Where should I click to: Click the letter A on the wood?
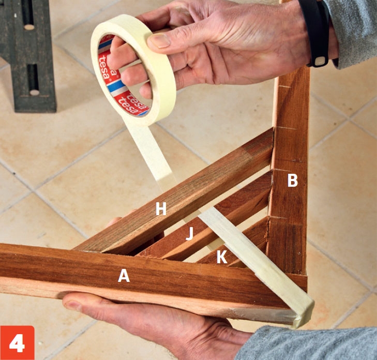click(x=124, y=276)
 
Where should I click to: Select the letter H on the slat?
click(x=161, y=208)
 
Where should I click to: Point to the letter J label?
click(x=190, y=233)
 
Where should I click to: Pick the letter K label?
click(x=222, y=257)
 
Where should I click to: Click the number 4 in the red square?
click(x=17, y=343)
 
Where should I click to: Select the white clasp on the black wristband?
click(x=321, y=61)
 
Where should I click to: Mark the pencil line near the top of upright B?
click(x=281, y=86)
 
